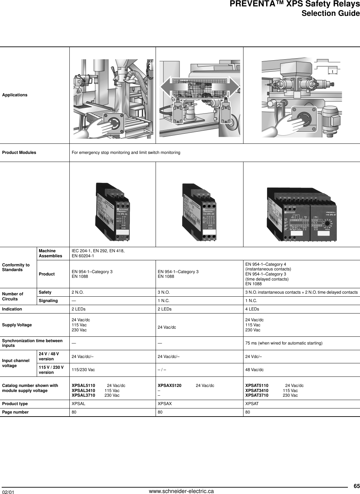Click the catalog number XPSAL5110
(84, 386)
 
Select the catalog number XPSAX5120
(170, 386)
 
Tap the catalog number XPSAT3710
(257, 395)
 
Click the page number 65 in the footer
(356, 486)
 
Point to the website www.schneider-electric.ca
(181, 491)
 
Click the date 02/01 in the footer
(8, 492)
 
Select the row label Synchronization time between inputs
(32, 343)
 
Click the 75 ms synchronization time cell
(284, 343)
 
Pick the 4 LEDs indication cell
(252, 309)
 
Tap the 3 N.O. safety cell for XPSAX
(164, 292)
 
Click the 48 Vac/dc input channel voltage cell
(254, 370)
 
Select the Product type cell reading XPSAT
(252, 403)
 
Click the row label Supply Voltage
(17, 325)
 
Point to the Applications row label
(15, 95)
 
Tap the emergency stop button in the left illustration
(114, 123)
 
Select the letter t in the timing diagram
(332, 72)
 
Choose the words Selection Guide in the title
(330, 13)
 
